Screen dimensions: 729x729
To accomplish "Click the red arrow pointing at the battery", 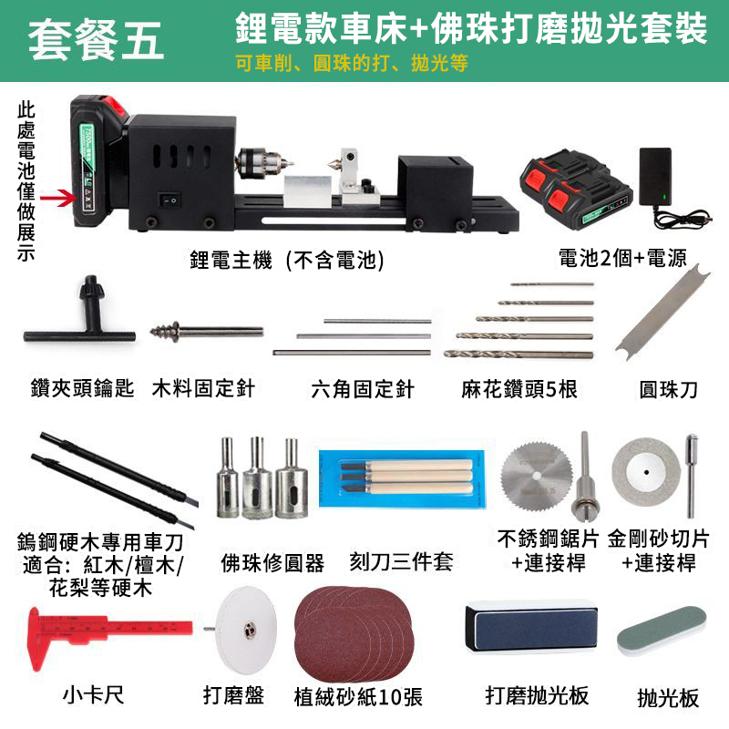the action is (58, 199).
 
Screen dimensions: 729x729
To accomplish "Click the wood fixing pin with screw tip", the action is (207, 332).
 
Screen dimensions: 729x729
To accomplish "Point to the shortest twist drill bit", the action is (552, 283).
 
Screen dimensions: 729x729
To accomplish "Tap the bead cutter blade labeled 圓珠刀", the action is (663, 313).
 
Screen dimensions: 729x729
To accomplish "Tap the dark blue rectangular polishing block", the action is (531, 628).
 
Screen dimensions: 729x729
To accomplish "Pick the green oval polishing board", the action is (662, 631).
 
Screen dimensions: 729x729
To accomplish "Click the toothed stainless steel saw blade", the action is (537, 477).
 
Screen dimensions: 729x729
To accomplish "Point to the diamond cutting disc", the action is (646, 473).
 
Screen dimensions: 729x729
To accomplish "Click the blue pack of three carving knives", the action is (403, 479).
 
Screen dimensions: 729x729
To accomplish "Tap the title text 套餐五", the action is (96, 40).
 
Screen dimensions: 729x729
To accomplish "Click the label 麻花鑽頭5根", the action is (519, 390).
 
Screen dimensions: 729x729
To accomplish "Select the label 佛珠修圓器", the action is (272, 563).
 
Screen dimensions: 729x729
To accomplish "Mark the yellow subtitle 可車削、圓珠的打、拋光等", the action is (352, 63).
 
